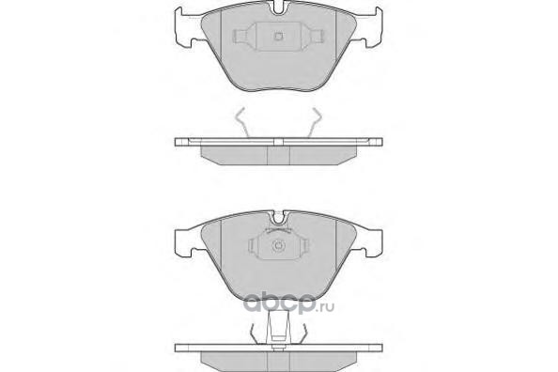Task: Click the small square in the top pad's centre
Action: [279, 36]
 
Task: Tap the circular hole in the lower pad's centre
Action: [278, 246]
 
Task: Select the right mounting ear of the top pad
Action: [368, 27]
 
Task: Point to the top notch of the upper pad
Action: [279, 8]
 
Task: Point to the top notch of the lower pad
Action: [279, 218]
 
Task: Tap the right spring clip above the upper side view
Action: [315, 122]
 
